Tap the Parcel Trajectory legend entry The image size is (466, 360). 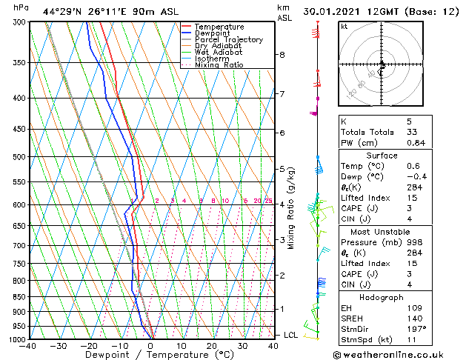point(228,40)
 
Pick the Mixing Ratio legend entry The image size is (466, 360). point(219,65)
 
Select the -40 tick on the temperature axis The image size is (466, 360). point(29,345)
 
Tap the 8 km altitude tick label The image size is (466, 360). point(282,55)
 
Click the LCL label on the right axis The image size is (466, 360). point(291,335)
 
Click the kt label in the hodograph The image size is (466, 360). point(344,26)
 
